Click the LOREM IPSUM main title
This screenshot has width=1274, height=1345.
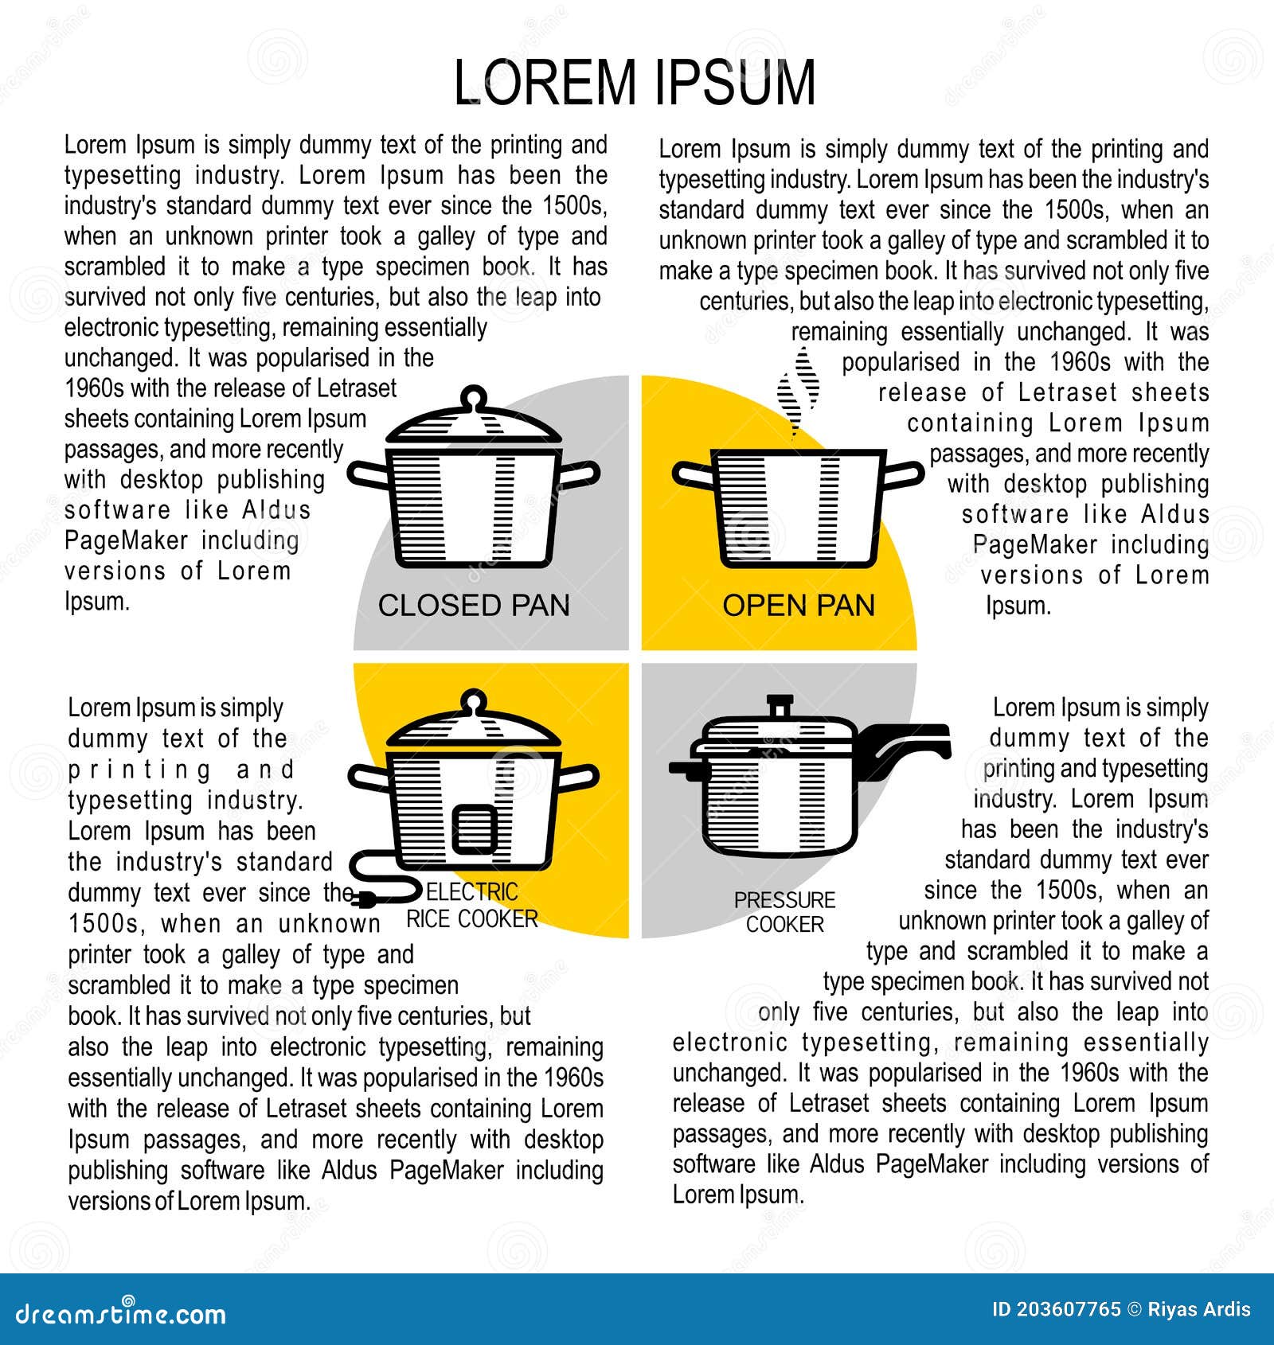635,82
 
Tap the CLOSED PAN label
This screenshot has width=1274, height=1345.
474,606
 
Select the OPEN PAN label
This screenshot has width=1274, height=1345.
798,606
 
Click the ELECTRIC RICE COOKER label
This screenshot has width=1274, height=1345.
471,906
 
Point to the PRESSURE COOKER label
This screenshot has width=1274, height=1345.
784,912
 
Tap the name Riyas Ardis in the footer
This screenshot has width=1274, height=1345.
1199,1309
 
